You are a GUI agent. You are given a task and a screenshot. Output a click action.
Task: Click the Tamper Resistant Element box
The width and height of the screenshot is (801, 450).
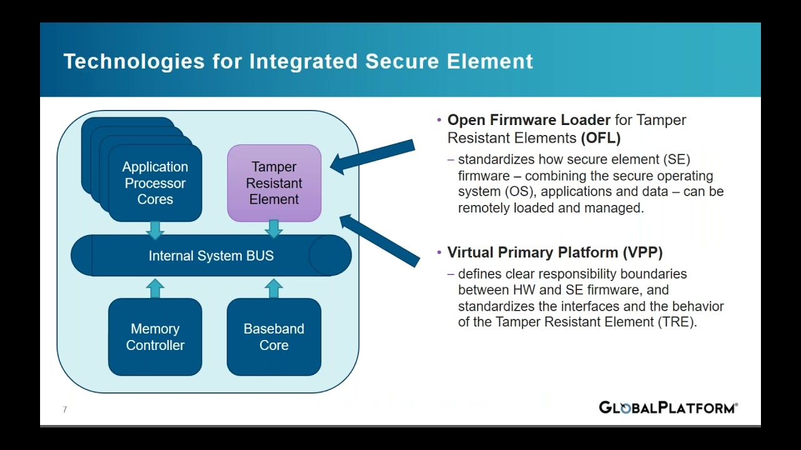[274, 183]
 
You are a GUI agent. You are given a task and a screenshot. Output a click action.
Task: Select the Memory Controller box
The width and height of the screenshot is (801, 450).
[155, 337]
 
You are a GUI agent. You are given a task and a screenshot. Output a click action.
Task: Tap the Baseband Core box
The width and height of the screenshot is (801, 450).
[274, 337]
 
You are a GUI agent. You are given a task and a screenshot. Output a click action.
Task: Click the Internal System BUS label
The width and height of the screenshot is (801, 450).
[211, 256]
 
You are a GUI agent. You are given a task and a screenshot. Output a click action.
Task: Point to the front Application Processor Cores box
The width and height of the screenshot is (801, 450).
[155, 183]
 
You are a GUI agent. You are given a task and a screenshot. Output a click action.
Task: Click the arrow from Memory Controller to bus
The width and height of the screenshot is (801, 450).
[155, 288]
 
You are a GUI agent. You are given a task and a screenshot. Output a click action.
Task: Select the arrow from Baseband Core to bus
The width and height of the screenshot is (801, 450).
[273, 288]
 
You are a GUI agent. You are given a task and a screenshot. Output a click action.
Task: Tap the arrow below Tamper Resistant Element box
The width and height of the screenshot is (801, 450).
[273, 229]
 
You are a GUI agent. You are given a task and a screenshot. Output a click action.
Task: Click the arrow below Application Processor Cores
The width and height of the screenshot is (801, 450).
[155, 229]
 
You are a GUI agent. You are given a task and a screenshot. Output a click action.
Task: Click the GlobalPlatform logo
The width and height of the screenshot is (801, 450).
[668, 408]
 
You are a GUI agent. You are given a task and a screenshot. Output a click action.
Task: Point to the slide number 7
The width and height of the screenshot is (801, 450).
[65, 410]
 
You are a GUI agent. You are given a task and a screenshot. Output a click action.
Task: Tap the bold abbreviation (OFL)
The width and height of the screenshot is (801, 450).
[601, 137]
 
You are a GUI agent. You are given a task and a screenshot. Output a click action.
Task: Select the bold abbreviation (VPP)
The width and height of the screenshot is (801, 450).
[642, 252]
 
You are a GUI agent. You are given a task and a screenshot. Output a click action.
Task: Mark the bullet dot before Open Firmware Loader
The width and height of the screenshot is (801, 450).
[439, 120]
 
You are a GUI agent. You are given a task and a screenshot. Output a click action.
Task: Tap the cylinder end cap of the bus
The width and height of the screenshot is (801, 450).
[330, 256]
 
